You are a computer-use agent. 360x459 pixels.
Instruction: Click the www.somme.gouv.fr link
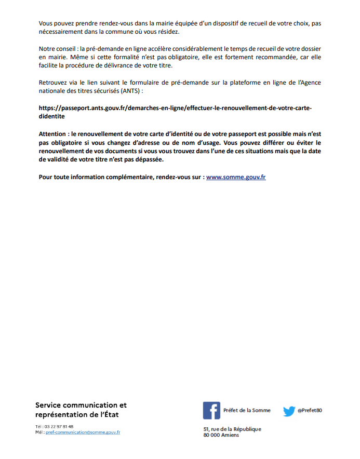[236, 177]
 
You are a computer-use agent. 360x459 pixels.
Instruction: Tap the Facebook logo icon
[211, 411]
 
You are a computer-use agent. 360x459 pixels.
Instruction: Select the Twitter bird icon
[289, 411]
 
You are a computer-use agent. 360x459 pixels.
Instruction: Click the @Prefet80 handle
[310, 411]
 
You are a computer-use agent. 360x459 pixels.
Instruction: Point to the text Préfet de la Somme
[247, 411]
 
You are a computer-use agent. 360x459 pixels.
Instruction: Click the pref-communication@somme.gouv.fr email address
[83, 432]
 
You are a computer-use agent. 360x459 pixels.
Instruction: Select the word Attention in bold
[52, 134]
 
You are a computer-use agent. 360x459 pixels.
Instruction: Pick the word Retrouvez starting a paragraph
[54, 83]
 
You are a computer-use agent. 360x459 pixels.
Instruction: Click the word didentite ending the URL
[51, 117]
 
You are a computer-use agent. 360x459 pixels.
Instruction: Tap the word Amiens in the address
[231, 435]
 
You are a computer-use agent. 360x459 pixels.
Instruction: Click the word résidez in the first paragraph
[168, 32]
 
